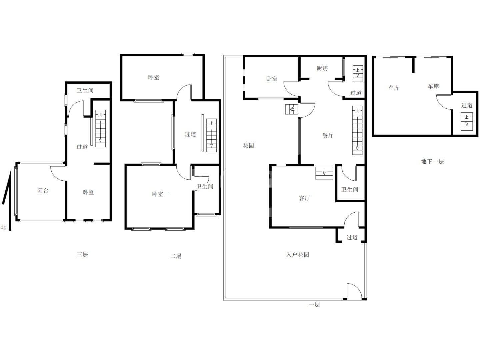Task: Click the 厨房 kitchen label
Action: pyautogui.click(x=322, y=68)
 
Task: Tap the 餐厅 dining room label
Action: pyautogui.click(x=328, y=135)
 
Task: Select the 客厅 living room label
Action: pyautogui.click(x=304, y=198)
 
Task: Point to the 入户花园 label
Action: pyautogui.click(x=298, y=255)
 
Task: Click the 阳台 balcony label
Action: pyautogui.click(x=43, y=190)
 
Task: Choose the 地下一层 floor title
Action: pyautogui.click(x=432, y=161)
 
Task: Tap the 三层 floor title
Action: pyautogui.click(x=82, y=254)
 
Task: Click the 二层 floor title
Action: pyautogui.click(x=176, y=256)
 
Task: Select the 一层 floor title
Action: pyautogui.click(x=314, y=304)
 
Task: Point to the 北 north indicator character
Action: pyautogui.click(x=3, y=227)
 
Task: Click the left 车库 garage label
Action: pyautogui.click(x=394, y=88)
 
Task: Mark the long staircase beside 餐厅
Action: pyautogui.click(x=357, y=130)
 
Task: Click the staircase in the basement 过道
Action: pyautogui.click(x=467, y=122)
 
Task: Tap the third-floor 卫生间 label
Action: pyautogui.click(x=85, y=90)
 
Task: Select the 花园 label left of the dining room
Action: pyautogui.click(x=248, y=146)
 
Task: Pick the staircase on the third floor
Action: pyautogui.click(x=100, y=129)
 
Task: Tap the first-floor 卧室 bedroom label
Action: pyautogui.click(x=272, y=79)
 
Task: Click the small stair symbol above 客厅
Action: pyautogui.click(x=324, y=173)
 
